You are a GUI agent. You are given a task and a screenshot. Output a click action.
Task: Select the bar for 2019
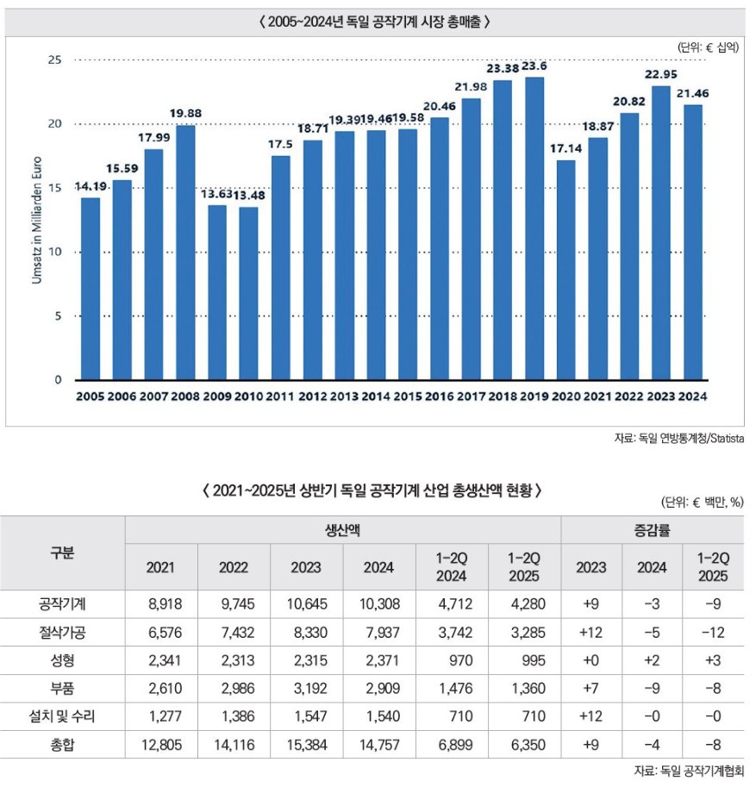pyautogui.click(x=534, y=228)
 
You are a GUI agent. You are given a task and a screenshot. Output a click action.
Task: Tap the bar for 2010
pyautogui.click(x=249, y=293)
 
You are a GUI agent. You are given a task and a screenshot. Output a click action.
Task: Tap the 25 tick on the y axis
pyautogui.click(x=55, y=60)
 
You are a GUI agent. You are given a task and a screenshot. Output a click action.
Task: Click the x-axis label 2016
pyautogui.click(x=439, y=397)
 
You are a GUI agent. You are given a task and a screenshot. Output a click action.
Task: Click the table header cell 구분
pyautogui.click(x=61, y=553)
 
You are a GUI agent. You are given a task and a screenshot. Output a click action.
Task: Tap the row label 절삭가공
pyautogui.click(x=61, y=633)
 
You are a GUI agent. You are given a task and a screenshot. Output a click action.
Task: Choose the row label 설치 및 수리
pyautogui.click(x=61, y=715)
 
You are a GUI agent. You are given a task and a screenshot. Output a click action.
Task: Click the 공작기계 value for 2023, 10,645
pyautogui.click(x=306, y=606)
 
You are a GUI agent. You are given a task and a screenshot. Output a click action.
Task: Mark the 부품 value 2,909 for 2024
pyautogui.click(x=379, y=688)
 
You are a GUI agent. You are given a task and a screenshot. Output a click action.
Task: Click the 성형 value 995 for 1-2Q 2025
pyautogui.click(x=525, y=660)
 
